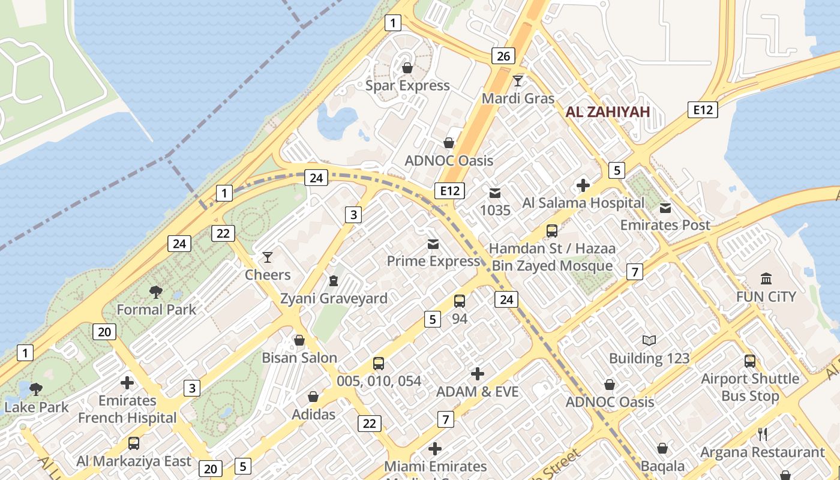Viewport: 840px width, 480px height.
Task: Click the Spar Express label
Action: (407, 86)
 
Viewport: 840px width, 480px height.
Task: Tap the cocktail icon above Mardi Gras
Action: (518, 80)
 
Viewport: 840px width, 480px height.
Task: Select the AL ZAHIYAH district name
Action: (608, 112)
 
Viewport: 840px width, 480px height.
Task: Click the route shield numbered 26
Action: (503, 56)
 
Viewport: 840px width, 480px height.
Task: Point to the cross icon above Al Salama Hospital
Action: (583, 185)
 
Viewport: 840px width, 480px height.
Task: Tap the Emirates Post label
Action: (665, 225)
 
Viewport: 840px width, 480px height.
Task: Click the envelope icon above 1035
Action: (495, 193)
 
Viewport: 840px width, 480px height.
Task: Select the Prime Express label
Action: (433, 261)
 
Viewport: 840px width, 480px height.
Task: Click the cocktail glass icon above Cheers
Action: (268, 257)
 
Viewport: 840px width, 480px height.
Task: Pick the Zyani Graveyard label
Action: (334, 298)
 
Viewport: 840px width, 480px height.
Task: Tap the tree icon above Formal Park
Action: (156, 292)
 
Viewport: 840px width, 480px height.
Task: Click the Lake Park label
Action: (37, 407)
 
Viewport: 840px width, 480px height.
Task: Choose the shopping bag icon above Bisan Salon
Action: (299, 340)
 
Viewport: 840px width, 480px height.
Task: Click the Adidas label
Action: (313, 414)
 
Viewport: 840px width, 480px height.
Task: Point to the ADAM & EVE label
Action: (477, 392)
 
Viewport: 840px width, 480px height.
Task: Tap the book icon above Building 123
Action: (649, 341)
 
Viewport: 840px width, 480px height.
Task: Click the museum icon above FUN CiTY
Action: (766, 278)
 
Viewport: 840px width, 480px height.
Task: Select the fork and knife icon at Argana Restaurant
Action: (763, 434)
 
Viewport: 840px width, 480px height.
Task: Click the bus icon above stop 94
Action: (460, 301)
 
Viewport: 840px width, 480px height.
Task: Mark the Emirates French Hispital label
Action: (127, 409)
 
